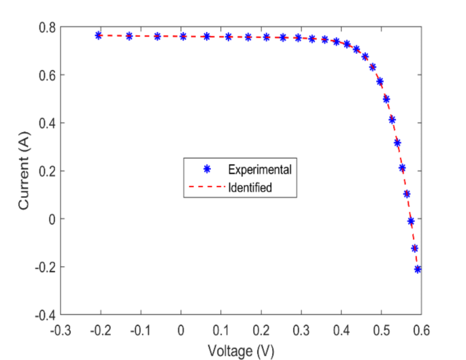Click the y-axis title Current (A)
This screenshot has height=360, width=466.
click(24, 170)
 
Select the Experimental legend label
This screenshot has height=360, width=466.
click(260, 169)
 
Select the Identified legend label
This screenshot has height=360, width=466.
click(250, 187)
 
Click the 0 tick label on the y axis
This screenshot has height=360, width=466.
click(51, 219)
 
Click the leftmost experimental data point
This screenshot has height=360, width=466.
click(99, 35)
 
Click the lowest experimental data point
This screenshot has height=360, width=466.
click(418, 269)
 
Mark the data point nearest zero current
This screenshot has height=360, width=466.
click(411, 221)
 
